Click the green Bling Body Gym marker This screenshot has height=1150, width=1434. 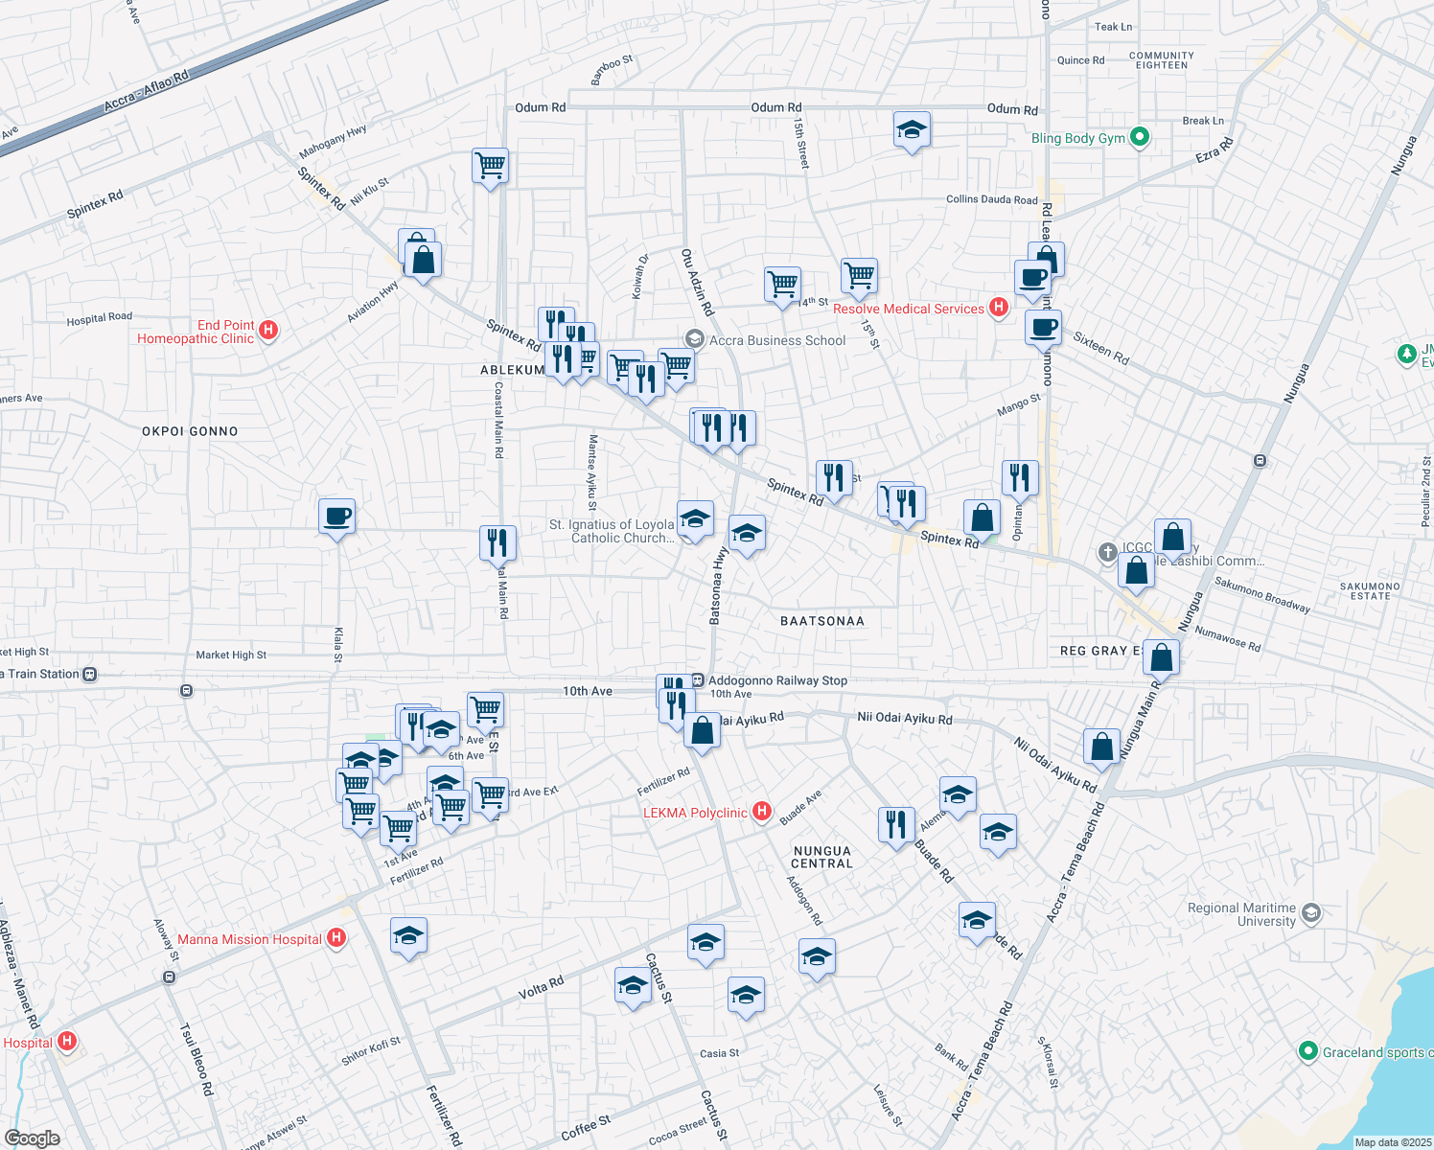point(1140,138)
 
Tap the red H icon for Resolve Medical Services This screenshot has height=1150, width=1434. point(999,308)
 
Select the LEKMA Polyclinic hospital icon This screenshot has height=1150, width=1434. point(762,813)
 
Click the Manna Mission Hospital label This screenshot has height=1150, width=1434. point(249,939)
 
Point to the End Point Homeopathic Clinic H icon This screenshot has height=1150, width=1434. point(268,331)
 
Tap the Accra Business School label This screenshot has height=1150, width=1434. point(776,340)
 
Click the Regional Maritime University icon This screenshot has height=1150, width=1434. point(1311,912)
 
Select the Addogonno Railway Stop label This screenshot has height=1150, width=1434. point(777,680)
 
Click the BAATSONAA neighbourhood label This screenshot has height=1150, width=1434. point(821,621)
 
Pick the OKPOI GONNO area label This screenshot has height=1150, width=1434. point(190,431)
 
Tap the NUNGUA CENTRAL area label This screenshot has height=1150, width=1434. point(821,857)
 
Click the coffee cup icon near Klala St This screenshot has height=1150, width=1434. point(336,517)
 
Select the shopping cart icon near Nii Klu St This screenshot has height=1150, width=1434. point(490,165)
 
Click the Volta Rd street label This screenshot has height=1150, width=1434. point(541,988)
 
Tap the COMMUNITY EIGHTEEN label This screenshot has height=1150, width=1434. point(1162,60)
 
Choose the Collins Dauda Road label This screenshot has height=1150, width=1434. point(991,199)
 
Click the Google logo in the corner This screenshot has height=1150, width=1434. point(32,1138)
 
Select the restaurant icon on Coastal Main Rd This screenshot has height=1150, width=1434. point(497,542)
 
